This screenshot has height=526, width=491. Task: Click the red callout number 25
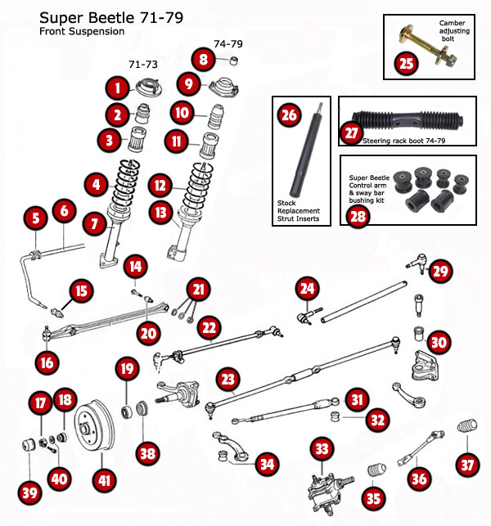[x=408, y=63]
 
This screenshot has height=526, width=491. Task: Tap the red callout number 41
[x=103, y=481]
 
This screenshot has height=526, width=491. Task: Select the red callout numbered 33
[x=321, y=448]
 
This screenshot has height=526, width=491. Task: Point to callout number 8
[x=203, y=59]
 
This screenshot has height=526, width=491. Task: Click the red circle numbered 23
[x=227, y=380]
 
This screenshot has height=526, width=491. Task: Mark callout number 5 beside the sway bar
[x=34, y=218]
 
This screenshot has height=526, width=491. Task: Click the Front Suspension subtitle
[x=82, y=32]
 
